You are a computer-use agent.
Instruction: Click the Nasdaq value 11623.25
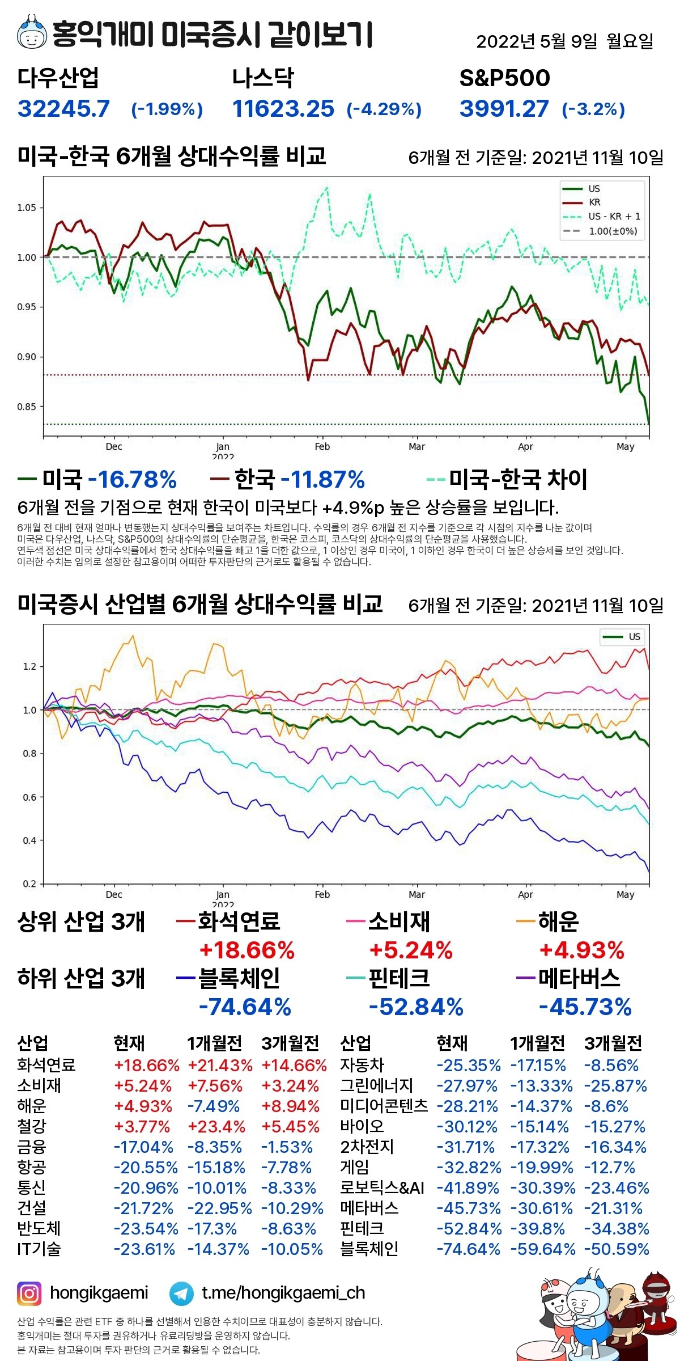tap(283, 108)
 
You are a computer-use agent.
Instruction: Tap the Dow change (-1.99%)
tap(167, 109)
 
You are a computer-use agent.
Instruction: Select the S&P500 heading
tap(504, 78)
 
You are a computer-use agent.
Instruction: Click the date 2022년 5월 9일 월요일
tap(564, 41)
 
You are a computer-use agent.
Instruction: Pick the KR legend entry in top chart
tap(594, 202)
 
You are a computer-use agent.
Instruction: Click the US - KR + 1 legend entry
tap(614, 217)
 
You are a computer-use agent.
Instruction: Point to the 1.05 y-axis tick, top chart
tap(27, 208)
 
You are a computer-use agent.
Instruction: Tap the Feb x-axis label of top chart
tap(322, 447)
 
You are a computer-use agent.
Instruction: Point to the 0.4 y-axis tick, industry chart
tap(29, 840)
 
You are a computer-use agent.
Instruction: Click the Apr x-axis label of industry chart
tap(525, 895)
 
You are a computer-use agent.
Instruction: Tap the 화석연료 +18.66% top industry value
tap(246, 950)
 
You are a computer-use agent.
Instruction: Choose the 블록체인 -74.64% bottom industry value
tap(245, 1007)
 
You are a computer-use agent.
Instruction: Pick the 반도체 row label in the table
tap(39, 1229)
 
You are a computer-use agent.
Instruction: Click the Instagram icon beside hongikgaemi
tap(29, 1294)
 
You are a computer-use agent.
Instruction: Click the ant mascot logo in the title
tap(32, 33)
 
